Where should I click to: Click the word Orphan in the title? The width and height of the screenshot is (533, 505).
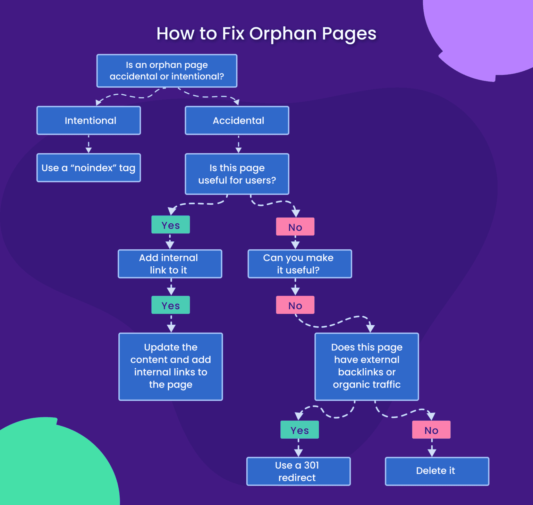[x=283, y=34]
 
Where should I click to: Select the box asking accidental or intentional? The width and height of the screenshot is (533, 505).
[x=167, y=71]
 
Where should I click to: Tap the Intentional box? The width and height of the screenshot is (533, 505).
[x=89, y=120]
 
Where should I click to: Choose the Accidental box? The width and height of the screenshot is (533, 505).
[x=237, y=120]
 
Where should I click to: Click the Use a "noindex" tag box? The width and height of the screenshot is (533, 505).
[x=89, y=168]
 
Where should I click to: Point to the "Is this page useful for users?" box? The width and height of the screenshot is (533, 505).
[x=237, y=174]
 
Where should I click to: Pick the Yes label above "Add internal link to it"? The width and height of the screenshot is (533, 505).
[x=171, y=225]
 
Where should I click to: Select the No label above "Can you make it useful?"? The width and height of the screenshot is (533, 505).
[x=295, y=227]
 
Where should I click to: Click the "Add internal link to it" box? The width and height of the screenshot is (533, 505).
[x=170, y=264]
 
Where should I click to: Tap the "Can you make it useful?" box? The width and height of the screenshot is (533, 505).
[x=300, y=264]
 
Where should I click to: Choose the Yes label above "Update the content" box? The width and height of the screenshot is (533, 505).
[x=171, y=305]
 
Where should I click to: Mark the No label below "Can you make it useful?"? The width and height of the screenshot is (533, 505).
[x=295, y=305]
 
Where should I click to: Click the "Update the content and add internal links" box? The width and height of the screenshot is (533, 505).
[x=171, y=367]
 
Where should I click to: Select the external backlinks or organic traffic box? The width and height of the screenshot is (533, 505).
[x=367, y=367]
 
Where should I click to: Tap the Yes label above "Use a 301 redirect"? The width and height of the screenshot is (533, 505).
[x=300, y=430]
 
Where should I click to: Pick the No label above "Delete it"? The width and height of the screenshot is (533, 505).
[x=431, y=430]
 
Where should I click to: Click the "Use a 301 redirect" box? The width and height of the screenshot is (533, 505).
[x=298, y=471]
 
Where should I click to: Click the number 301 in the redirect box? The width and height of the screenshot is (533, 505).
[x=312, y=465]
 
